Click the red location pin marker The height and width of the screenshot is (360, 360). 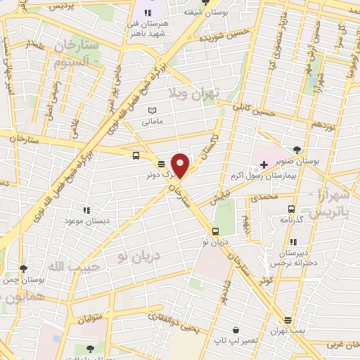(181, 165)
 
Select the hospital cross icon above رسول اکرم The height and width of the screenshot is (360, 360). (264, 165)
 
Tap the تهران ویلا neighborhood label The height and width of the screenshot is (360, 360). (194, 92)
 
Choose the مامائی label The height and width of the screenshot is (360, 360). (153, 121)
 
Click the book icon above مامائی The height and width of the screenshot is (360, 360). (152, 110)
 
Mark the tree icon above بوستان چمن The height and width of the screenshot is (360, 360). (23, 269)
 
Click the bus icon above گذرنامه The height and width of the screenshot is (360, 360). (291, 209)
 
